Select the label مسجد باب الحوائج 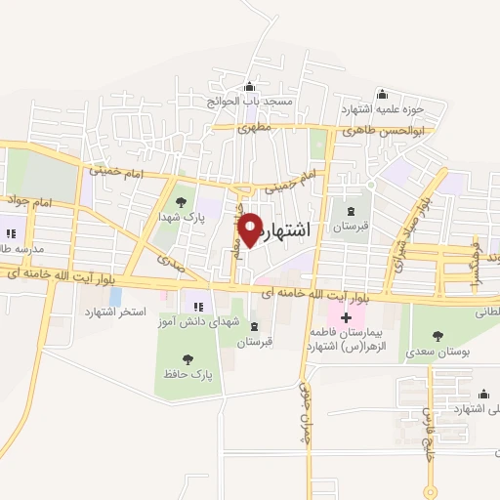pyautogui.click(x=248, y=100)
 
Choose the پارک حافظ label pyautogui.click(x=188, y=374)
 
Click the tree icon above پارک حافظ pyautogui.click(x=187, y=359)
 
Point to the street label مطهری pyautogui.click(x=265, y=127)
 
